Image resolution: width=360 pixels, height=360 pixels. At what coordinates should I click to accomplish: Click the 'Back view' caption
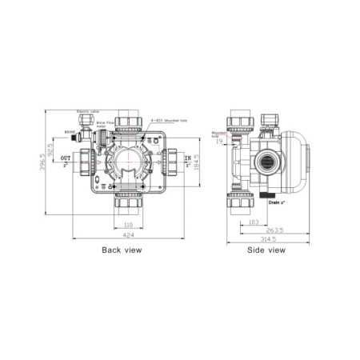pyautogui.click(x=122, y=250)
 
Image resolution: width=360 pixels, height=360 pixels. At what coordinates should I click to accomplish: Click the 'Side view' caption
pyautogui.click(x=266, y=250)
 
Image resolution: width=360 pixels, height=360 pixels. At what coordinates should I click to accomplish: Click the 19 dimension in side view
pyautogui.click(x=219, y=142)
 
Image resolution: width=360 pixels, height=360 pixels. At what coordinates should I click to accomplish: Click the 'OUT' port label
pyautogui.click(x=66, y=159)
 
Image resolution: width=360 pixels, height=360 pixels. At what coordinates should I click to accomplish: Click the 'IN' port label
pyautogui.click(x=189, y=159)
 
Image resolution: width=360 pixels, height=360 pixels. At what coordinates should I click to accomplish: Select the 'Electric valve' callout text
pyautogui.click(x=88, y=112)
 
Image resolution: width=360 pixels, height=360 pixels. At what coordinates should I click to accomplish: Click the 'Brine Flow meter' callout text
pyautogui.click(x=106, y=123)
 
